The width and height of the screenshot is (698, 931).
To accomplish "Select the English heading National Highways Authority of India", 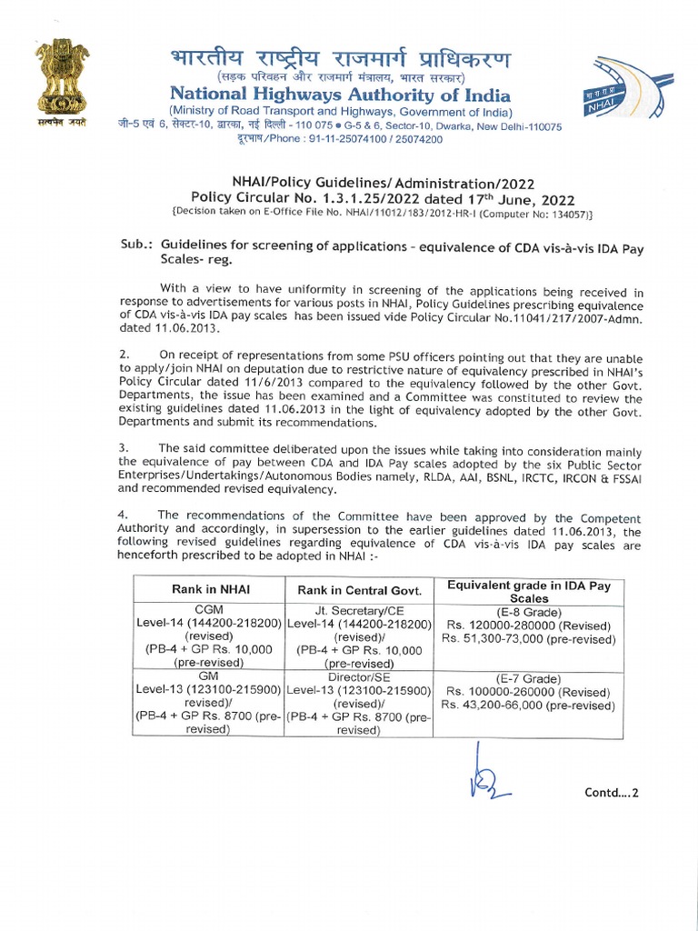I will point(340,95).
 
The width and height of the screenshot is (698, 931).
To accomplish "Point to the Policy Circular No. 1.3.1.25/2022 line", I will point(382,198).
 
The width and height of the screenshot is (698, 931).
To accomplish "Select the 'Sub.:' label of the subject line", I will point(137,245).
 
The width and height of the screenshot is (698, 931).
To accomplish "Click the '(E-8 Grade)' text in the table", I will point(529,612).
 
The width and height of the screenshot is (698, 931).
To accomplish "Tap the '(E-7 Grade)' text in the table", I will point(529,678).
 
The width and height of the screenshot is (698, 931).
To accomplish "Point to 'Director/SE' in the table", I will point(358,678).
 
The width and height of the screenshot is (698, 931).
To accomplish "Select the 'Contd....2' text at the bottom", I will point(612,792).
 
